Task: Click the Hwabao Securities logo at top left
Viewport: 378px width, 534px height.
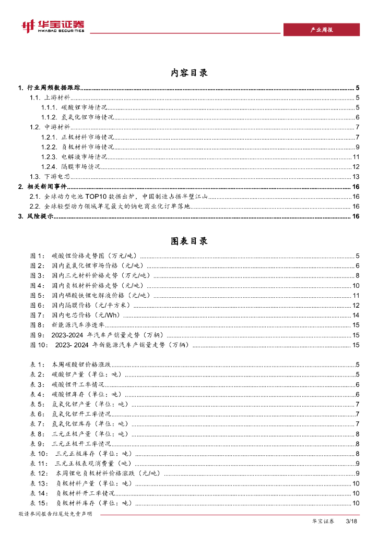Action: point(52,26)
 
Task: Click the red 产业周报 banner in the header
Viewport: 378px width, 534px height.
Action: point(321,30)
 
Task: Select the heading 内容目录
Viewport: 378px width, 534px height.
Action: point(189,72)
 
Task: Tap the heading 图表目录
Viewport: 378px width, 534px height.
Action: point(189,241)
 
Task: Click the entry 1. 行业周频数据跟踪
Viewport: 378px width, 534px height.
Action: point(49,88)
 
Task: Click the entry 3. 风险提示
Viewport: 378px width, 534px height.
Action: point(36,216)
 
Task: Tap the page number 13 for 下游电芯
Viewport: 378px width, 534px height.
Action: point(356,177)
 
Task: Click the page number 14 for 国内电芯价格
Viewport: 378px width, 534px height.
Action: point(356,315)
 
